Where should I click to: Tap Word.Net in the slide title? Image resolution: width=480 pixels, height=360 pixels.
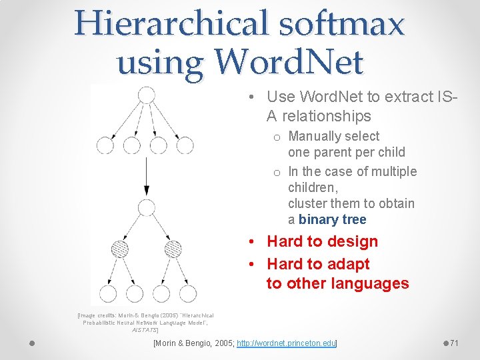point(288,63)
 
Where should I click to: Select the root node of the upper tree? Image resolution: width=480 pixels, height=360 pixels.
point(145,95)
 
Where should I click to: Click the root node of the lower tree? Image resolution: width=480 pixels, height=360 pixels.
point(145,207)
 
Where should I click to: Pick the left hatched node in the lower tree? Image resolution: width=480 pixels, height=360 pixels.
point(119,249)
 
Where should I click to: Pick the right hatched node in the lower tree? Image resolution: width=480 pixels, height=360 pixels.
point(173,249)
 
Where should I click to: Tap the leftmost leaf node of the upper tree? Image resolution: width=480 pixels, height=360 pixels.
point(105,145)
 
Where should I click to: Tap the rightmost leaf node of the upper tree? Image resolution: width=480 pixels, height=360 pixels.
point(186,145)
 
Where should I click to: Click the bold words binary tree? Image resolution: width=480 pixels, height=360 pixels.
point(333,219)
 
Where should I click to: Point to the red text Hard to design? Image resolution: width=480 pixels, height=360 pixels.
point(322,241)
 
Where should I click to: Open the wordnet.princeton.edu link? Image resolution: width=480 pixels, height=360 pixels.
point(287,343)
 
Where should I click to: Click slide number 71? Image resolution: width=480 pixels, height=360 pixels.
point(454,343)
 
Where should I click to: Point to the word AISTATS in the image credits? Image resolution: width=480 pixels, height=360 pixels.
point(144,329)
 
